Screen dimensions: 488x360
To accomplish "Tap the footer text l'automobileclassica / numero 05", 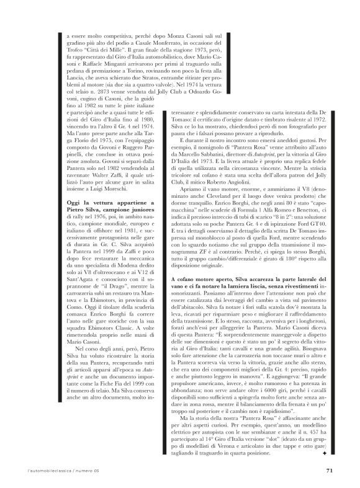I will click(52, 471).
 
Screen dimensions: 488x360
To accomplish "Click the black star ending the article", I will click(324, 455).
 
